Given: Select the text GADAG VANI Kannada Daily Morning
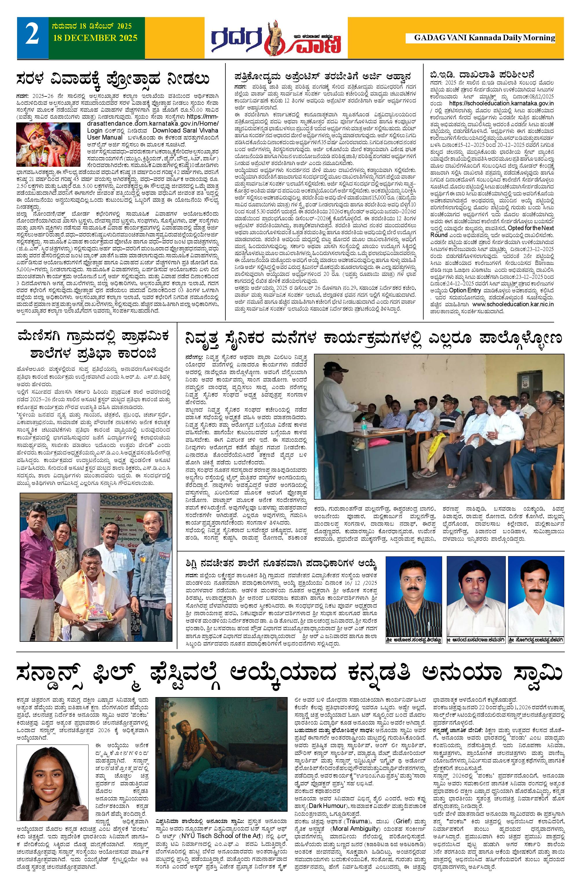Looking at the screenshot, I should pyautogui.click(x=484, y=38).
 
